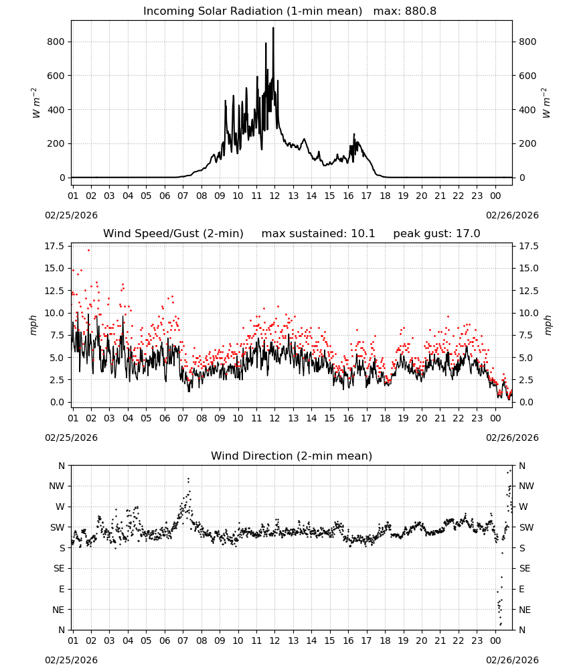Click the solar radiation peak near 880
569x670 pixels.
point(273,28)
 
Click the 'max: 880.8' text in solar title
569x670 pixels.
point(405,11)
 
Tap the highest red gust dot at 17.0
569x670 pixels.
point(89,250)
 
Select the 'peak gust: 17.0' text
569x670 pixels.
point(436,234)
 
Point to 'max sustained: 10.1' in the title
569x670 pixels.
point(318,234)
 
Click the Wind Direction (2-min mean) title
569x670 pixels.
point(292,456)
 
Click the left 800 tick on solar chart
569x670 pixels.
point(56,42)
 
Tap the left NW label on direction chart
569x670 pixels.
point(57,486)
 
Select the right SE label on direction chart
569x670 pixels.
point(525,568)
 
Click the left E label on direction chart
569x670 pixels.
point(62,589)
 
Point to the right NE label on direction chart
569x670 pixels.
point(525,610)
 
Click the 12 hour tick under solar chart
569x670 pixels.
point(274,196)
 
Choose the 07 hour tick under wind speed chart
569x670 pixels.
point(183,418)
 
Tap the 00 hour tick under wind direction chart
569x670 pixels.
point(495,640)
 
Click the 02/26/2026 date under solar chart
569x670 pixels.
point(512,215)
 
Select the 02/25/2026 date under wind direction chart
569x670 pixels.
point(71,660)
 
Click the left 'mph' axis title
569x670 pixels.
point(33,325)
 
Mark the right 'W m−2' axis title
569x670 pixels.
point(546,103)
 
